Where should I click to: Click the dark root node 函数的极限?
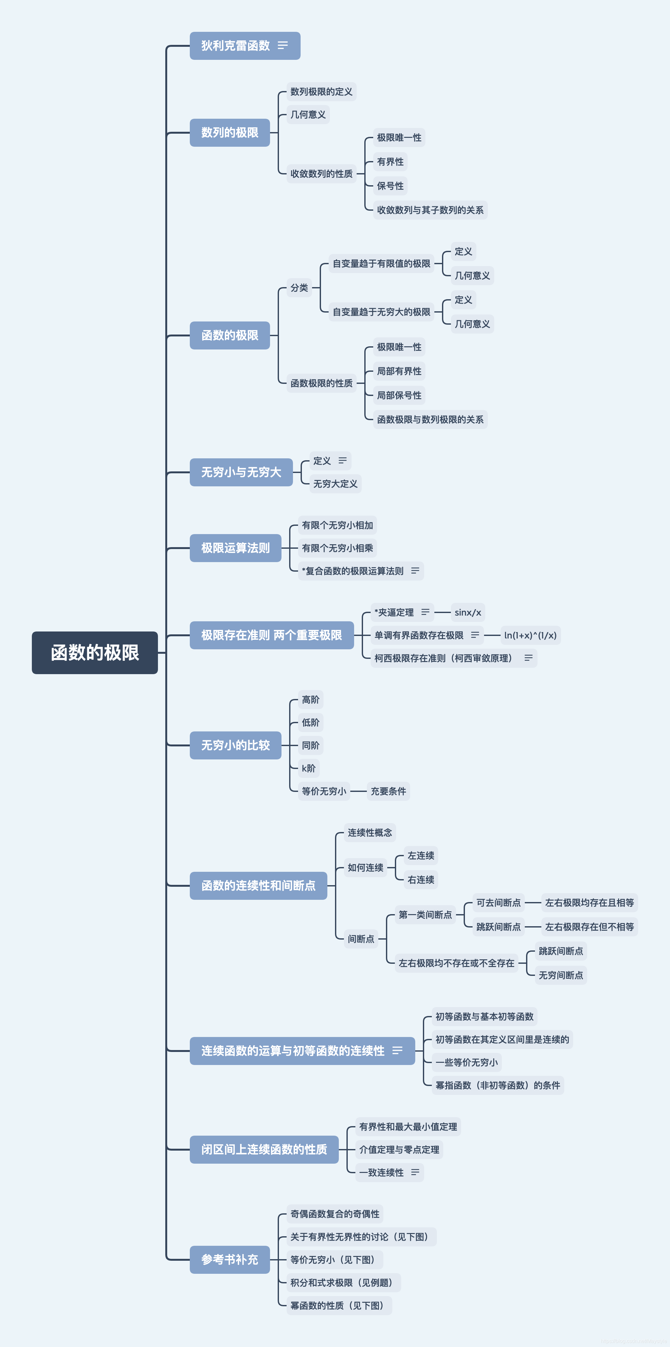pos(95,652)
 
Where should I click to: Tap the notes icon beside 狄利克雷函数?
pos(283,46)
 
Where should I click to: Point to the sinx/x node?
pos(467,612)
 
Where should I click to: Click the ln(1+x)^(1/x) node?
pos(530,635)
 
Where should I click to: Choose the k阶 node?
pos(309,768)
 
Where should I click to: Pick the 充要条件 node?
pos(388,791)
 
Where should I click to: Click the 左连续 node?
pos(421,856)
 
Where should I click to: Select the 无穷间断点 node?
pos(561,975)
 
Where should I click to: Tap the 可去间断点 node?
pos(498,903)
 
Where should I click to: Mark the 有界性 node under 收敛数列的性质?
pos(390,162)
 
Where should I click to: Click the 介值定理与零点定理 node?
pos(399,1149)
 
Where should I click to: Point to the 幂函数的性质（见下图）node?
pos(339,1305)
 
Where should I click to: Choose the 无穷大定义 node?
pos(335,484)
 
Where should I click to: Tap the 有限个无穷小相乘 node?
pos(337,548)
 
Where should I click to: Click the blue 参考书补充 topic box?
pos(230,1260)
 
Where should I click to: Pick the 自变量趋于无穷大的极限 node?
pos(381,312)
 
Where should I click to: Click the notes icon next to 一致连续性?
pos(415,1172)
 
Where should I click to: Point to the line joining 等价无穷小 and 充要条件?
pos(358,791)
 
